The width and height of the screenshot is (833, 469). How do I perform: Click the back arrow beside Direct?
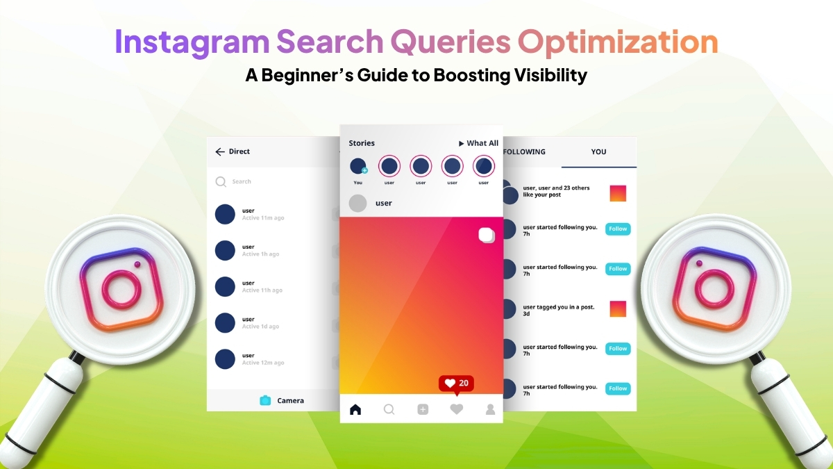[x=220, y=151]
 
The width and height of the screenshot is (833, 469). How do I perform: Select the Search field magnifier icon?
[x=221, y=181]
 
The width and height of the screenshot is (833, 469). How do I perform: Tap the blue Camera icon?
[x=265, y=400]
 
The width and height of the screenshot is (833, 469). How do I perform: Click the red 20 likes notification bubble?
[x=456, y=384]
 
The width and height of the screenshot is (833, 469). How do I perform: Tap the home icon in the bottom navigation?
[x=355, y=409]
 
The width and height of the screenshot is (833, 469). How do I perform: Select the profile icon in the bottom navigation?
[x=490, y=409]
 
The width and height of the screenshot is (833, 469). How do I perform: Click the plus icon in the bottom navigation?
[x=423, y=409]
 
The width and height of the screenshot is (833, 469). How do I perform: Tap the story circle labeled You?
[x=358, y=167]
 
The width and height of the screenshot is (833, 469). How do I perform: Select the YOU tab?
[x=598, y=151]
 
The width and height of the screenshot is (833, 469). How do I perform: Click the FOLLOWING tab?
[x=525, y=151]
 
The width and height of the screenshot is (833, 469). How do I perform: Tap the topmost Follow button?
[x=618, y=229]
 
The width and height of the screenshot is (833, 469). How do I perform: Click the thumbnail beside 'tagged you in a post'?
[x=618, y=308]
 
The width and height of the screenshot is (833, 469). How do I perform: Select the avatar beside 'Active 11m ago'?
[x=225, y=214]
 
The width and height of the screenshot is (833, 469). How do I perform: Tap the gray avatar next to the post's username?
[x=357, y=203]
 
